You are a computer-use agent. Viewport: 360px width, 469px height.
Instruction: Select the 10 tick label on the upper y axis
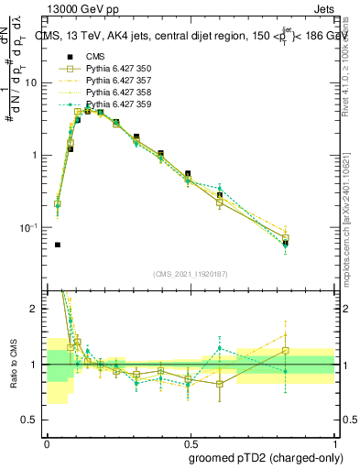33,82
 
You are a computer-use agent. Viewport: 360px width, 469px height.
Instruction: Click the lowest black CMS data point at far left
58,245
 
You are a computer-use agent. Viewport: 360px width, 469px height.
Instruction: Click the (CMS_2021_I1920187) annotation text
191,273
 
